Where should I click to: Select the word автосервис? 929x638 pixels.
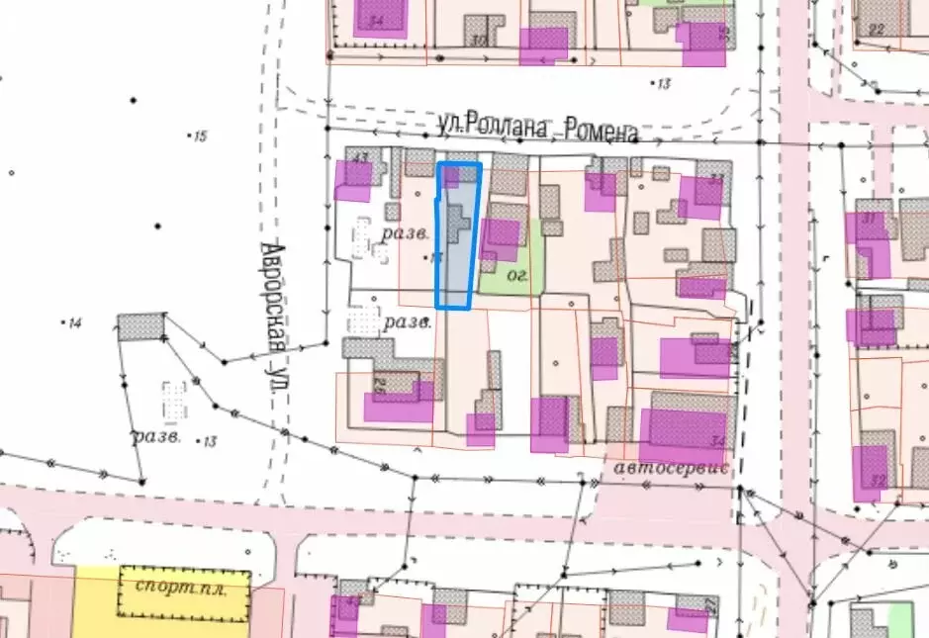pyautogui.click(x=671, y=467)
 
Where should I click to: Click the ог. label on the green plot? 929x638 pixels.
pyautogui.click(x=514, y=275)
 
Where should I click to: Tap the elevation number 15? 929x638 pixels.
pyautogui.click(x=201, y=137)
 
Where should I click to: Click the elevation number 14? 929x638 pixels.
pyautogui.click(x=75, y=323)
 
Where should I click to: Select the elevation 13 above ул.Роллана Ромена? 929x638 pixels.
pyautogui.click(x=663, y=83)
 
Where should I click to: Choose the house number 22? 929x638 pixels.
pyautogui.click(x=875, y=29)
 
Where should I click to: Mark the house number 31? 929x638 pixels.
pyautogui.click(x=869, y=218)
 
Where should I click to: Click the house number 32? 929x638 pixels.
pyautogui.click(x=877, y=480)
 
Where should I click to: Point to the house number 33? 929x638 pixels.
pyautogui.click(x=716, y=179)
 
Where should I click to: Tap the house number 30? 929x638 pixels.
pyautogui.click(x=479, y=41)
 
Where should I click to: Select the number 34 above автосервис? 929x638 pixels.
pyautogui.click(x=717, y=441)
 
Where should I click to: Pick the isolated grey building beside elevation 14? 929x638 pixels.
pyautogui.click(x=141, y=326)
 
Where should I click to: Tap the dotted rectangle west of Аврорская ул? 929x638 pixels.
pyautogui.click(x=175, y=401)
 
